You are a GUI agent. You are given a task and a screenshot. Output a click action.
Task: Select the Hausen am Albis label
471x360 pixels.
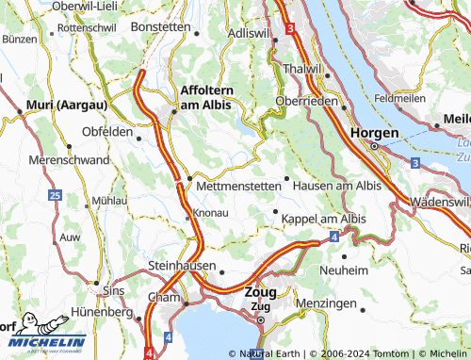[x=337, y=187]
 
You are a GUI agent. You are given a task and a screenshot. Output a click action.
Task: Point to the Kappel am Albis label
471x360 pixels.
[x=323, y=219]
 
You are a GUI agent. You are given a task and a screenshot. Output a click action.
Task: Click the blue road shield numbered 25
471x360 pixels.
[x=56, y=195]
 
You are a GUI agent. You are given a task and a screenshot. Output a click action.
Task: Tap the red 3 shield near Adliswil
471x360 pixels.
[x=290, y=30]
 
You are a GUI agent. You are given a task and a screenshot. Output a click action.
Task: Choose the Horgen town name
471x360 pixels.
[x=375, y=133]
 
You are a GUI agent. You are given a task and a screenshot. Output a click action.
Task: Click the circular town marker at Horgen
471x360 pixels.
[x=373, y=147]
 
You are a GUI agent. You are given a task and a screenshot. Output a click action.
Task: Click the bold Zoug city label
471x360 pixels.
[x=260, y=291]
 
